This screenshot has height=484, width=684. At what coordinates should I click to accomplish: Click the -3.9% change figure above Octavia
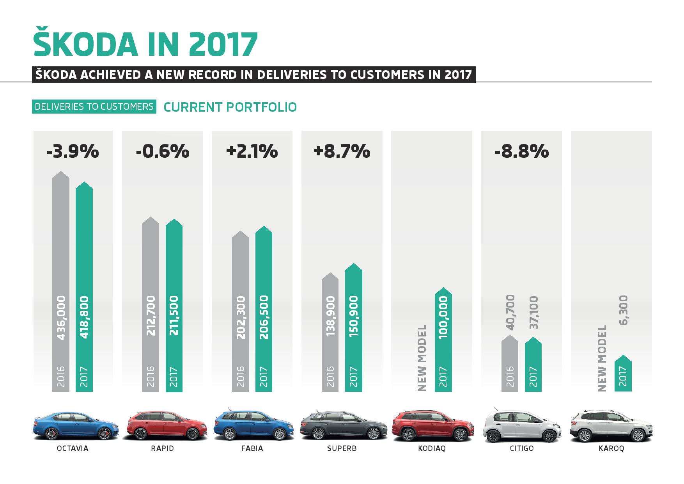73,151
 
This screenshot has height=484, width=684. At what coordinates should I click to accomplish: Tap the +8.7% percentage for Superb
342,151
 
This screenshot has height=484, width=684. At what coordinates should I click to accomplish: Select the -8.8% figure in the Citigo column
521,151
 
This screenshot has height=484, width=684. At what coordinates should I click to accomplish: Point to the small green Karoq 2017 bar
623,375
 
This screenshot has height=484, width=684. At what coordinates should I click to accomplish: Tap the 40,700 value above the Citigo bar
510,312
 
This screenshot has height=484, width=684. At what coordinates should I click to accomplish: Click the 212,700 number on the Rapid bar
151,316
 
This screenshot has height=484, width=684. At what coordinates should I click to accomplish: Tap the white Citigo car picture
522,427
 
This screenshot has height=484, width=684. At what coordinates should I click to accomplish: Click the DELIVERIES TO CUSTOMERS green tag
94,107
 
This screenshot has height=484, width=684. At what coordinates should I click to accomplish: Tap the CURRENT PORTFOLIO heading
230,107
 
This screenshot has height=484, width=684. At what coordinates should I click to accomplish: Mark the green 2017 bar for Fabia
264,312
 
